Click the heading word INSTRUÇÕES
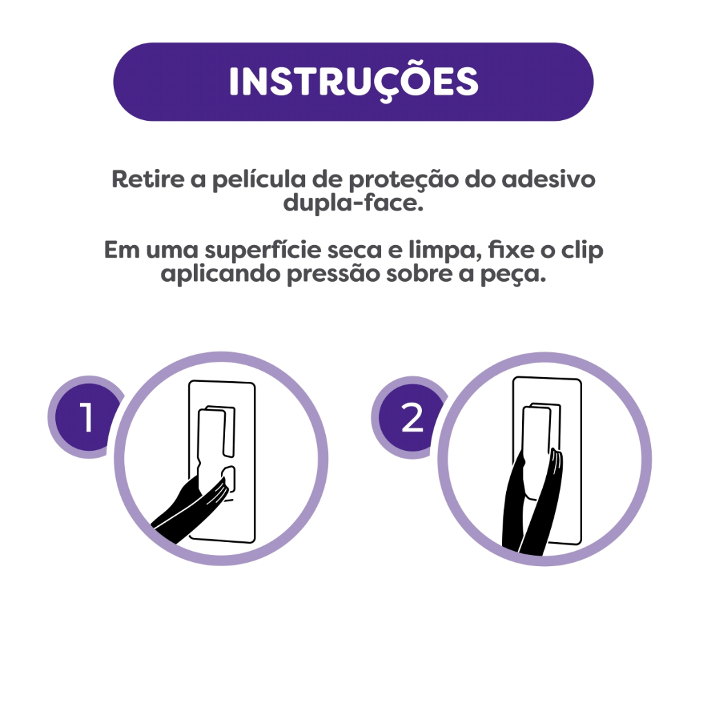point(353,81)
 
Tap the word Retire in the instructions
point(148,179)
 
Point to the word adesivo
point(548,179)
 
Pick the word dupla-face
point(353,204)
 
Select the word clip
point(581,251)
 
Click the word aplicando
point(220,274)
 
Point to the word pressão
point(333,275)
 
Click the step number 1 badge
point(86,416)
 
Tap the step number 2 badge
point(411,418)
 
